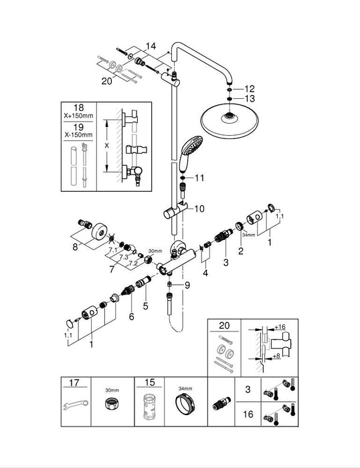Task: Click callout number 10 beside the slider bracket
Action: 199,209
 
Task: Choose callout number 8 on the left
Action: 75,247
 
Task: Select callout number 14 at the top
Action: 150,46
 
